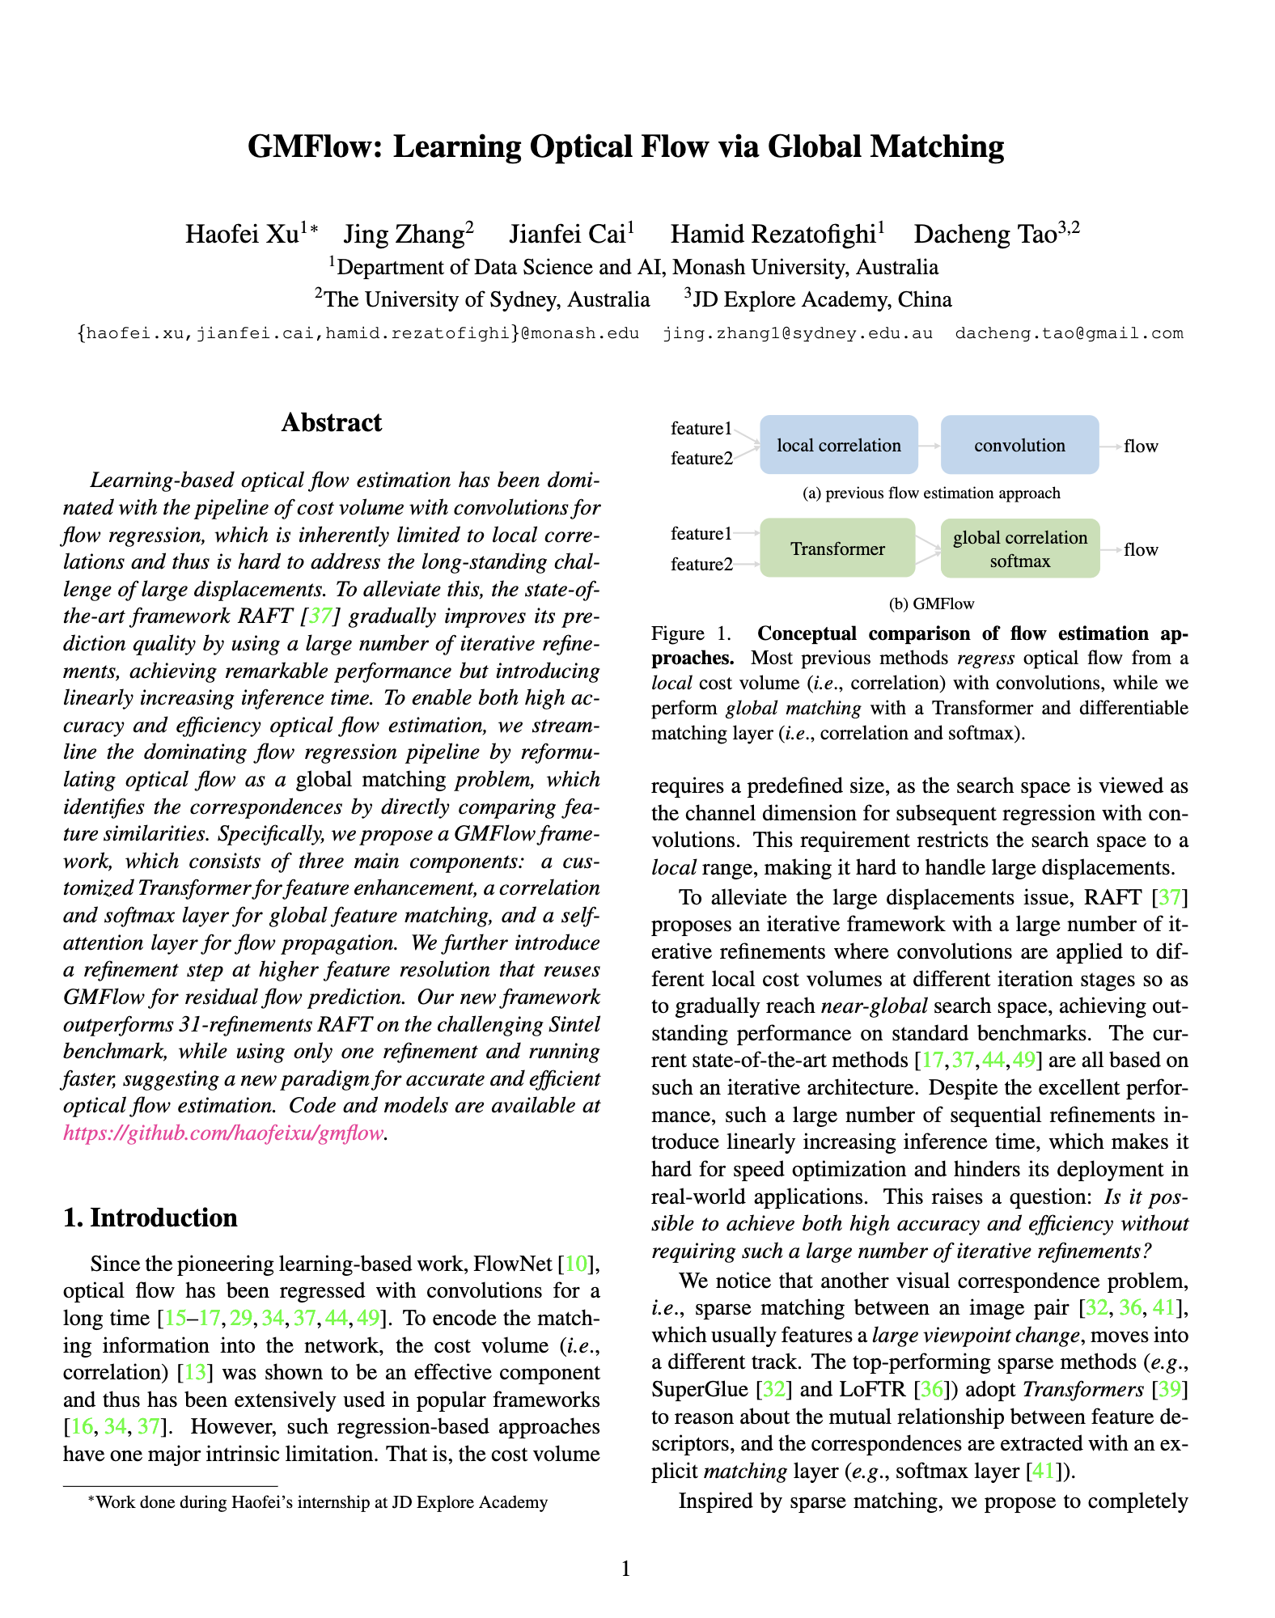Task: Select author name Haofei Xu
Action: click(242, 235)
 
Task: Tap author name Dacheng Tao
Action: click(985, 235)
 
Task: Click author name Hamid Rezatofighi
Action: click(773, 235)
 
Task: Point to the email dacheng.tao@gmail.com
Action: click(1069, 333)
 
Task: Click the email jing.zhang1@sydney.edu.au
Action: click(798, 333)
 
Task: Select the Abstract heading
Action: click(332, 423)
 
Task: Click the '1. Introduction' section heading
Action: click(150, 1218)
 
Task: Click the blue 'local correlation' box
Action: click(839, 445)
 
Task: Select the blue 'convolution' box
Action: click(1019, 445)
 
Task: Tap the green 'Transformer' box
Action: click(837, 549)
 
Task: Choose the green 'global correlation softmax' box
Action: click(1020, 549)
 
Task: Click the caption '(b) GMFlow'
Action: click(931, 604)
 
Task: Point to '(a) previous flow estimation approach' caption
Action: click(931, 493)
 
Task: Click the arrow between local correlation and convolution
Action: click(930, 445)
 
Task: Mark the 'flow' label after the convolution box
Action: click(1141, 446)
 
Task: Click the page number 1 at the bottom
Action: click(625, 1569)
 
